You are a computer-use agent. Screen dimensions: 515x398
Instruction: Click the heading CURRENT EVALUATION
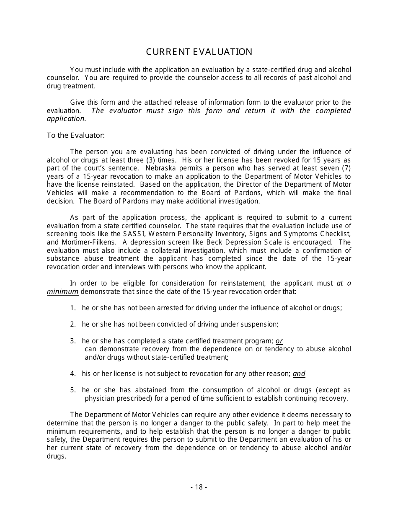click(199, 52)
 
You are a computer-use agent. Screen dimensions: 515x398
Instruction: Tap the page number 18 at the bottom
click(199, 487)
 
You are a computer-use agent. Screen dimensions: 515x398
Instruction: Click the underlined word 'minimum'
click(62, 291)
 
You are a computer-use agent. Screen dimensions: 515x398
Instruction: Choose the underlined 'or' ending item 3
click(279, 341)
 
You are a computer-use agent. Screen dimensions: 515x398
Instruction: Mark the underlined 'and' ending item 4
click(299, 373)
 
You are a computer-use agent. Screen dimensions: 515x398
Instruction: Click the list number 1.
click(72, 308)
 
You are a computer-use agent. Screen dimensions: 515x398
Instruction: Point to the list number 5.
click(72, 390)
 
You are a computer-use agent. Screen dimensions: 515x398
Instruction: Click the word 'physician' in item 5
click(99, 398)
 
